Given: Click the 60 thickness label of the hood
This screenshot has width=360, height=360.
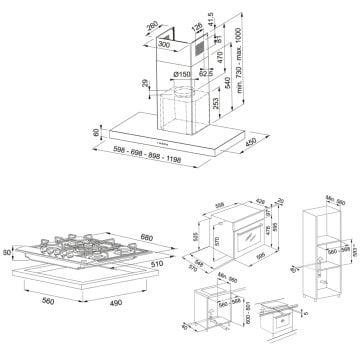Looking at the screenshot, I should point(95,132).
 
